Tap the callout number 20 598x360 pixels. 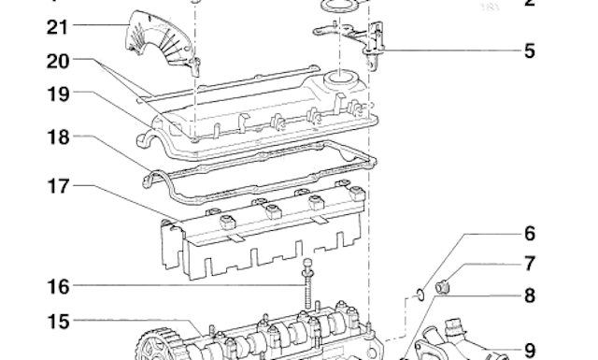[30, 61]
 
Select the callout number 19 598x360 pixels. [30, 94]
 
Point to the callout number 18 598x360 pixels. [30, 137]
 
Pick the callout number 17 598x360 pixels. [30, 186]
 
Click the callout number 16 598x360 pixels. [30, 284]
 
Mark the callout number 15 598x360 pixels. [30, 322]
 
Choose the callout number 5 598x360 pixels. [529, 50]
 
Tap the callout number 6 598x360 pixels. [529, 234]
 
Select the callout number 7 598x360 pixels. [529, 265]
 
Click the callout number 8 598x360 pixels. [529, 296]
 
